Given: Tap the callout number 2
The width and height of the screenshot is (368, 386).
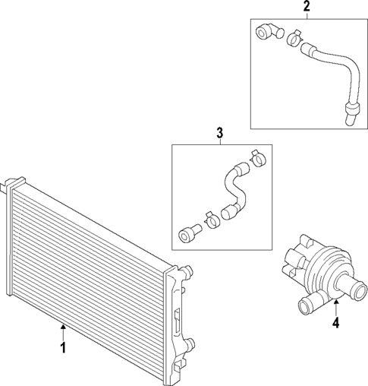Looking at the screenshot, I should [307, 8].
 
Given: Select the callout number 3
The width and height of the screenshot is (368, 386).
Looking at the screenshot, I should [219, 134].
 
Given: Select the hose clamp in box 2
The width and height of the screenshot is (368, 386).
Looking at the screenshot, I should [294, 35].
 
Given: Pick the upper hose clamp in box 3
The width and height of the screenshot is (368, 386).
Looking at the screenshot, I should [256, 157].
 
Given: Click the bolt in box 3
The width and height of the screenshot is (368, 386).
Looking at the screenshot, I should [188, 233].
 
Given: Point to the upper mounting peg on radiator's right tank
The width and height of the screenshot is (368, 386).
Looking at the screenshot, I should [185, 270].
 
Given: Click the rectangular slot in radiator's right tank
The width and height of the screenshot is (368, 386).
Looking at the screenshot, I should [176, 319].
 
